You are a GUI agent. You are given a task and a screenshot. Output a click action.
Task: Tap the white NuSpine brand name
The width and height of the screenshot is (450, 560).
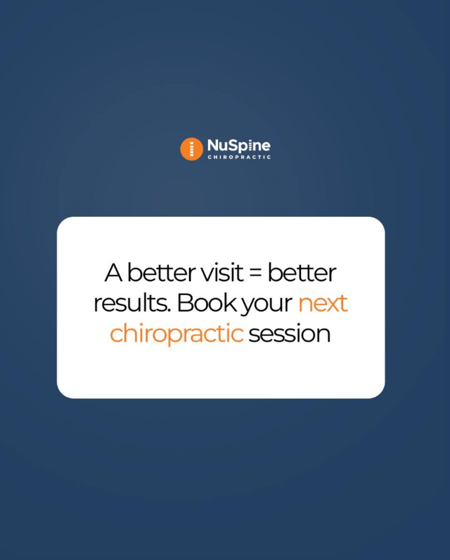[239, 146]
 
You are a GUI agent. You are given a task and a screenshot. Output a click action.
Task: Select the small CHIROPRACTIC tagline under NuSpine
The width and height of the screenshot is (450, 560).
[239, 157]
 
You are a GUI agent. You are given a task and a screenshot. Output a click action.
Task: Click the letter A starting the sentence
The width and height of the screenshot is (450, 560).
[113, 273]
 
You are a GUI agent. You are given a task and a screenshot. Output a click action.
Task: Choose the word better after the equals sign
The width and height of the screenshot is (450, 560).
[302, 273]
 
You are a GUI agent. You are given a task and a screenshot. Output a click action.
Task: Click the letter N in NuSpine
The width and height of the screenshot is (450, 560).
[212, 146]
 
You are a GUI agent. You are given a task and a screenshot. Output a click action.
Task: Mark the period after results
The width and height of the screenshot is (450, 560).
[173, 310]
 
